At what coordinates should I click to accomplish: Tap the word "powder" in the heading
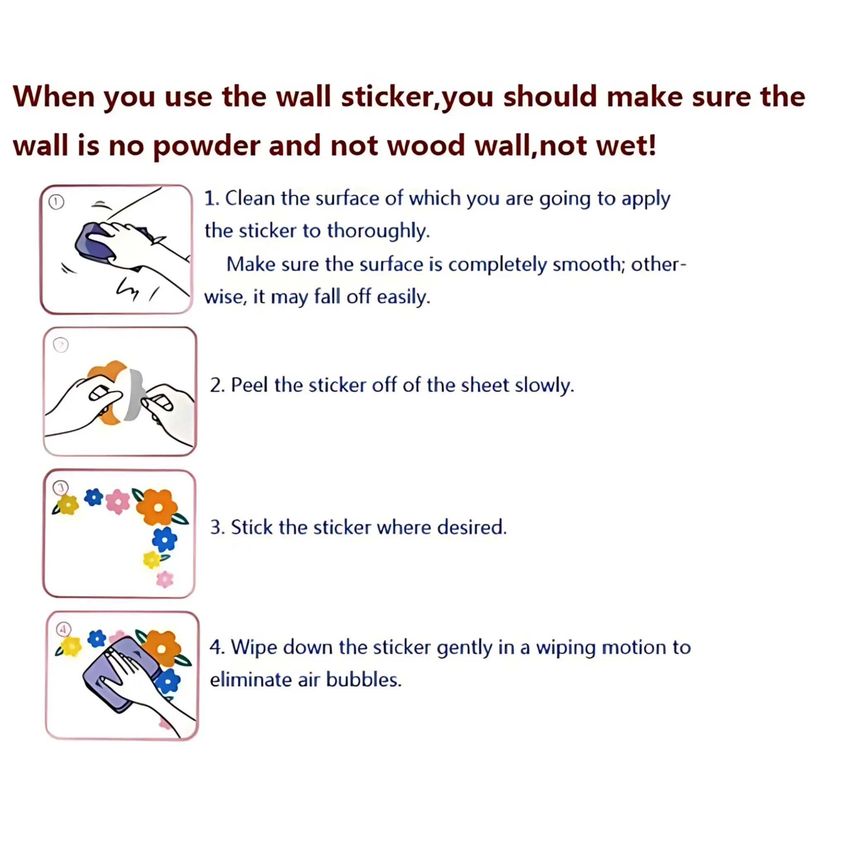coord(206,147)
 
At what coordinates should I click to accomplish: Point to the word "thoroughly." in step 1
coord(378,231)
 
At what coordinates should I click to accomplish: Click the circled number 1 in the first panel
coord(56,202)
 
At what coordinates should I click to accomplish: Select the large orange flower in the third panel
coord(157,507)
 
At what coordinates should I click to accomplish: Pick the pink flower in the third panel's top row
coord(118,502)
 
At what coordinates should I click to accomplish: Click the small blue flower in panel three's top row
coord(94,497)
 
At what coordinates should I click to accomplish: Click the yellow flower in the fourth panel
coord(71,646)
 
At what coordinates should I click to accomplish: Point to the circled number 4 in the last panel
coord(64,630)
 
